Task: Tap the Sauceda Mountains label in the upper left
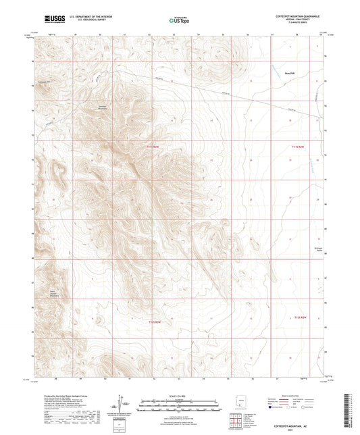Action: click(x=103, y=109)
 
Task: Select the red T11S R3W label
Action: click(x=156, y=146)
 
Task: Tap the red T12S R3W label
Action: click(x=155, y=322)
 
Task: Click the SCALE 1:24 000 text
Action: click(x=180, y=395)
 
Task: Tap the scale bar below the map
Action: click(x=180, y=401)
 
